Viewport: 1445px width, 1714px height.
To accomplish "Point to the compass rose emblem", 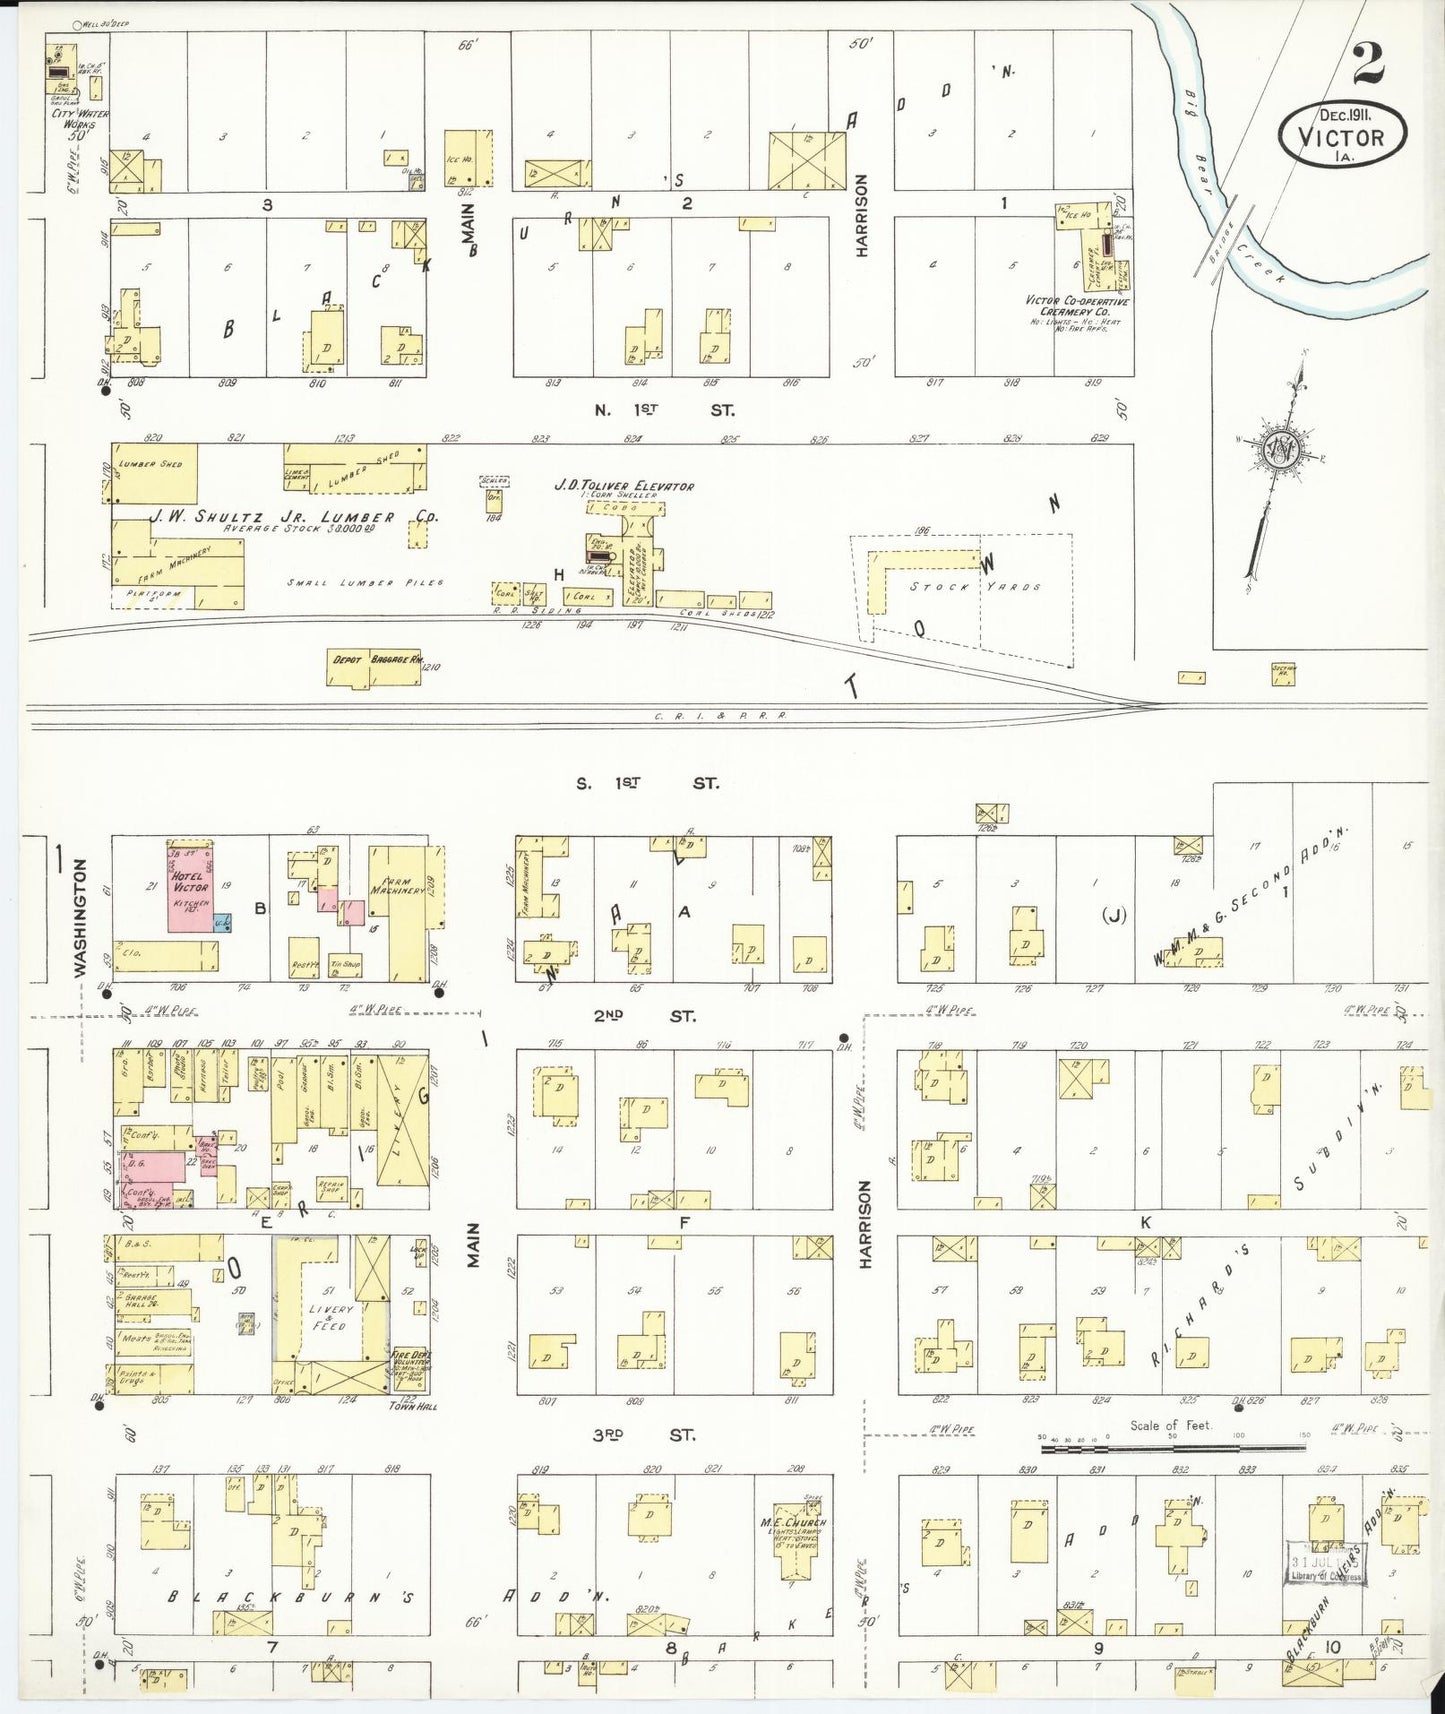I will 1281,446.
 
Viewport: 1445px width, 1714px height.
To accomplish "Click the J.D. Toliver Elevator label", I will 624,486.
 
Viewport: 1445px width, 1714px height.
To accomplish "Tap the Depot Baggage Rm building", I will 375,667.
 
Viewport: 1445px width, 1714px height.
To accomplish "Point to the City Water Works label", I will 74,118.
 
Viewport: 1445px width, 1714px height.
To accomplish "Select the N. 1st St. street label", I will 664,410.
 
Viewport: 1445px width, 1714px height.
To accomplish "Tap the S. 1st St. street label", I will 646,783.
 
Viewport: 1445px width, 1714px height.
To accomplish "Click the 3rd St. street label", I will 643,1435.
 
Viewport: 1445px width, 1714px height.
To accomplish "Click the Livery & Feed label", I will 330,1317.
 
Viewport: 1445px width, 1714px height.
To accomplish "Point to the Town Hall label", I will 412,1406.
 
